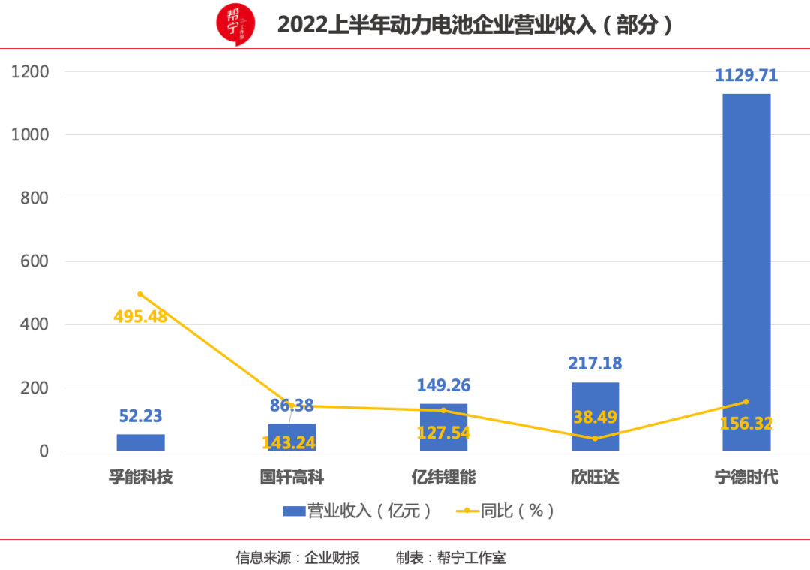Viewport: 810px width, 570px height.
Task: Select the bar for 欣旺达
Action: tap(595, 417)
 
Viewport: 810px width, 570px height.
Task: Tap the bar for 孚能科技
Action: tap(140, 442)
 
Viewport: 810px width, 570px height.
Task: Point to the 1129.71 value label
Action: tap(746, 75)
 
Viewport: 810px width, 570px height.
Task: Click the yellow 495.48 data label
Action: tap(140, 316)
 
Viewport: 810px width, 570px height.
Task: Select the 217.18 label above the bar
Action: tap(595, 364)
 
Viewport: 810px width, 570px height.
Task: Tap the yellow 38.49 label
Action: tap(595, 418)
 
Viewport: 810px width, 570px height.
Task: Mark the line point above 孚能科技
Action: tap(140, 294)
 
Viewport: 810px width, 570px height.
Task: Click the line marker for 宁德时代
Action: tap(746, 402)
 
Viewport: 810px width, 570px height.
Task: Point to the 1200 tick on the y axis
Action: tap(30, 72)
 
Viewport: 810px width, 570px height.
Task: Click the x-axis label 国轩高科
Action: tap(292, 477)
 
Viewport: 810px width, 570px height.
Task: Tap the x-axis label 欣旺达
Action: tap(595, 477)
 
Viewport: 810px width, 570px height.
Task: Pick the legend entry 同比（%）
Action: tap(507, 511)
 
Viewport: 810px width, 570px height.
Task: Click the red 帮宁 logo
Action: tap(235, 25)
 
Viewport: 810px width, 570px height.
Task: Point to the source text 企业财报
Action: tap(331, 557)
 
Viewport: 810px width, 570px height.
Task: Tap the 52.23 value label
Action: tap(140, 416)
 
